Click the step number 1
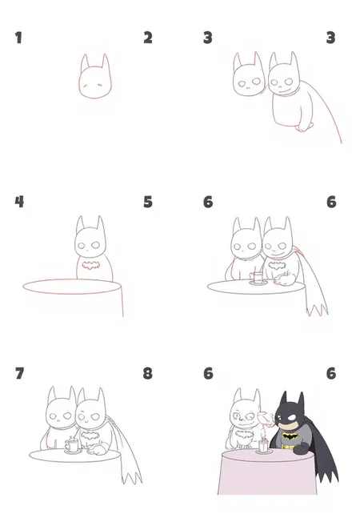coord(18,38)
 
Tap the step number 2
coord(148,38)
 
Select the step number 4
coord(19,202)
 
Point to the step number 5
coord(148,202)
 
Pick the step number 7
coord(20,373)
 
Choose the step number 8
coord(147,373)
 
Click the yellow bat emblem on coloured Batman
coord(290,436)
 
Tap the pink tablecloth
coord(267,473)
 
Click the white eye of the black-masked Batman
coord(291,418)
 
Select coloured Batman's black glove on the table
coord(302,448)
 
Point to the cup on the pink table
coord(263,447)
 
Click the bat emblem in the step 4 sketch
coord(91,266)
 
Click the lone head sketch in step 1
coord(95,76)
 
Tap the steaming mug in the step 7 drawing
coord(72,445)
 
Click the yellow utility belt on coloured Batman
coord(288,447)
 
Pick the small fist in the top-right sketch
coord(304,126)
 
